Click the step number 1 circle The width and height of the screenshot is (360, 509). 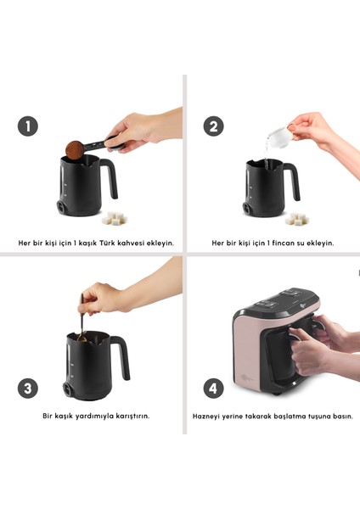coord(28,126)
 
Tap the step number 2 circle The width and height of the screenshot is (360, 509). coord(213,126)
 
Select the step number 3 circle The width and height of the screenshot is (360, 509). coord(28,389)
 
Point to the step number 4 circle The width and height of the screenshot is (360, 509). coord(213,389)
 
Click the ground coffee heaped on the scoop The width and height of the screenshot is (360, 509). coord(75,150)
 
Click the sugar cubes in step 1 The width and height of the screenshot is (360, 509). coord(115,218)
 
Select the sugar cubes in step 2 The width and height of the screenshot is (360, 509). coord(297,219)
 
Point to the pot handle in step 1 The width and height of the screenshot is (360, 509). coord(110,177)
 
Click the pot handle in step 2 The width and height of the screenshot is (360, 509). coord(292,180)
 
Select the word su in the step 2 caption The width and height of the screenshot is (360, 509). coord(301,243)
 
